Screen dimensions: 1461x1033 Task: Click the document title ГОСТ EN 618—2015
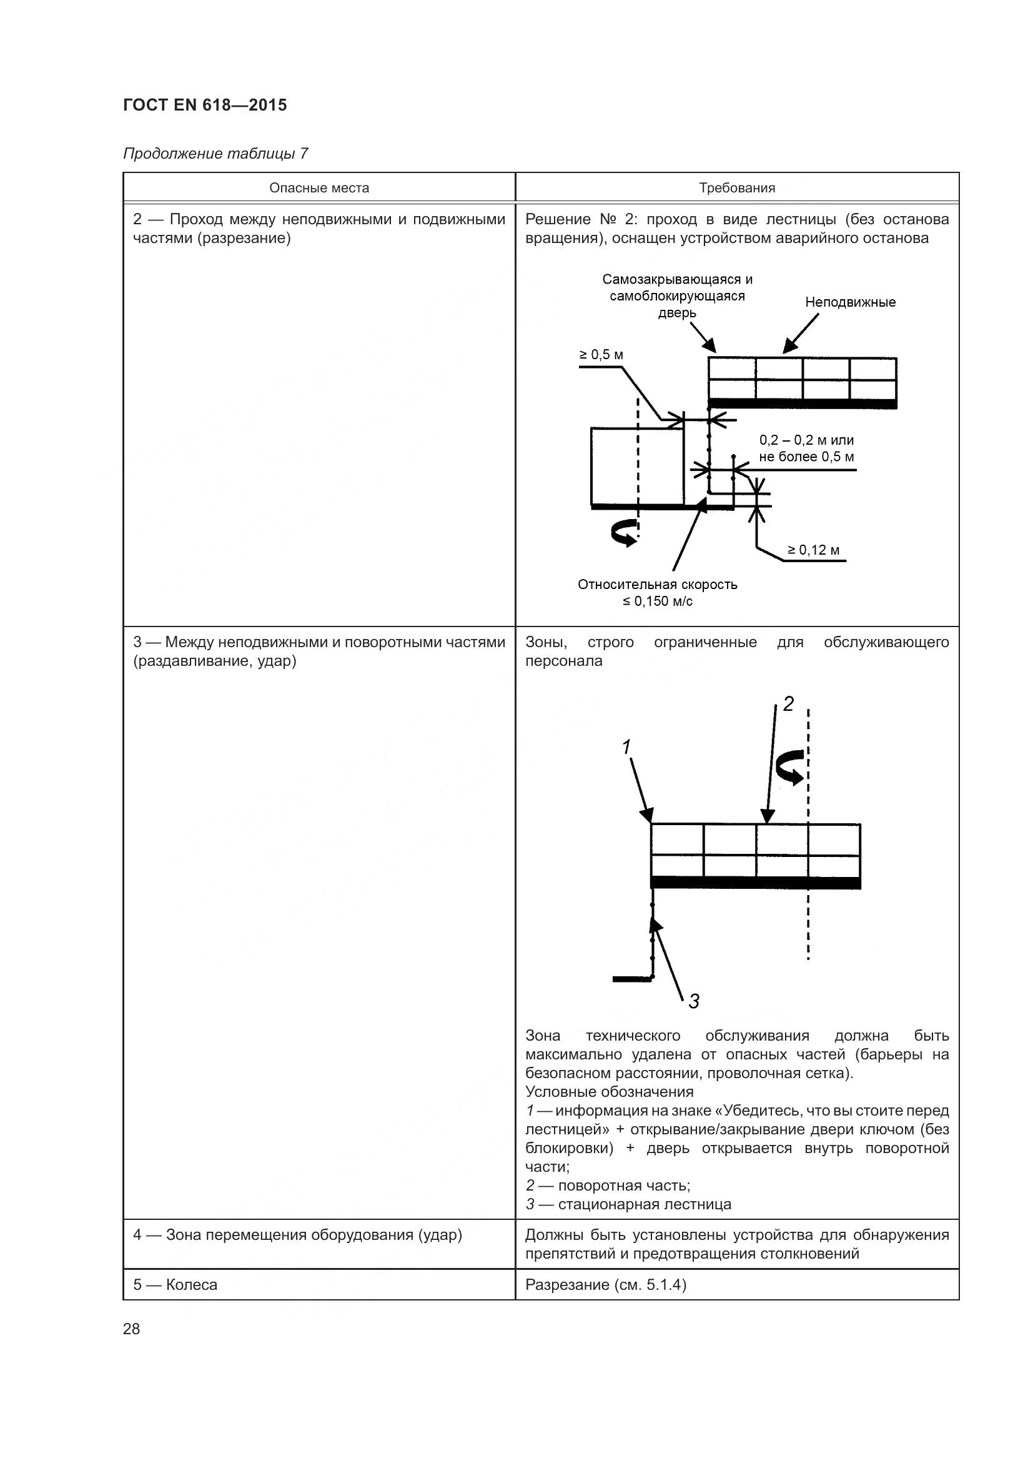pos(205,105)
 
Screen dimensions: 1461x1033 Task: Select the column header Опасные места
pos(319,188)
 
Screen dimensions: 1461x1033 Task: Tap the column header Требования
pos(736,188)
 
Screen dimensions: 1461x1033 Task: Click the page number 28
pos(132,1329)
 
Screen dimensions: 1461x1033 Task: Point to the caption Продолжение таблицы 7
pos(215,154)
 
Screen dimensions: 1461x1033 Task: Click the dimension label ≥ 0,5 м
pos(600,354)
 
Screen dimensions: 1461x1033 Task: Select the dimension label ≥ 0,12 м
pos(814,550)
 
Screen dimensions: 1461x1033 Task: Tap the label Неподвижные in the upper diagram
pos(850,302)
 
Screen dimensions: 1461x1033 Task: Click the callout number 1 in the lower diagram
pos(626,746)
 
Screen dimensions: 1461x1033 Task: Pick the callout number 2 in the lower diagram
pos(788,704)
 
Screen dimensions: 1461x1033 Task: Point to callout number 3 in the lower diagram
pos(693,1001)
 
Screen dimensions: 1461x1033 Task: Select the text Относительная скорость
pos(657,584)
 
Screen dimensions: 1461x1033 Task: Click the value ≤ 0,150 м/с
pos(657,602)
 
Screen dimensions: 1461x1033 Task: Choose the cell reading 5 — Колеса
pos(175,1284)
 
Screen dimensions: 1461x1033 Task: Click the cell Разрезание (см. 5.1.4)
pos(606,1284)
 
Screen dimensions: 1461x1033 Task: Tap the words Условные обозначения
pos(609,1092)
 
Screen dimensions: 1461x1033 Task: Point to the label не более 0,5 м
pos(806,457)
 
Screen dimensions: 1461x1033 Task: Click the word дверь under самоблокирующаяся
pos(677,312)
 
